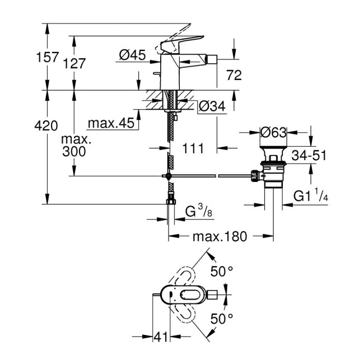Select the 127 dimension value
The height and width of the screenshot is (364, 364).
(75, 64)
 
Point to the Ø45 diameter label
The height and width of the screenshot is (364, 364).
(133, 55)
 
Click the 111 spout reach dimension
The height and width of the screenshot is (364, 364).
(194, 148)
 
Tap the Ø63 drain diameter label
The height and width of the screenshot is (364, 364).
(274, 133)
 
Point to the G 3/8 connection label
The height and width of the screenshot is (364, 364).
(198, 212)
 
